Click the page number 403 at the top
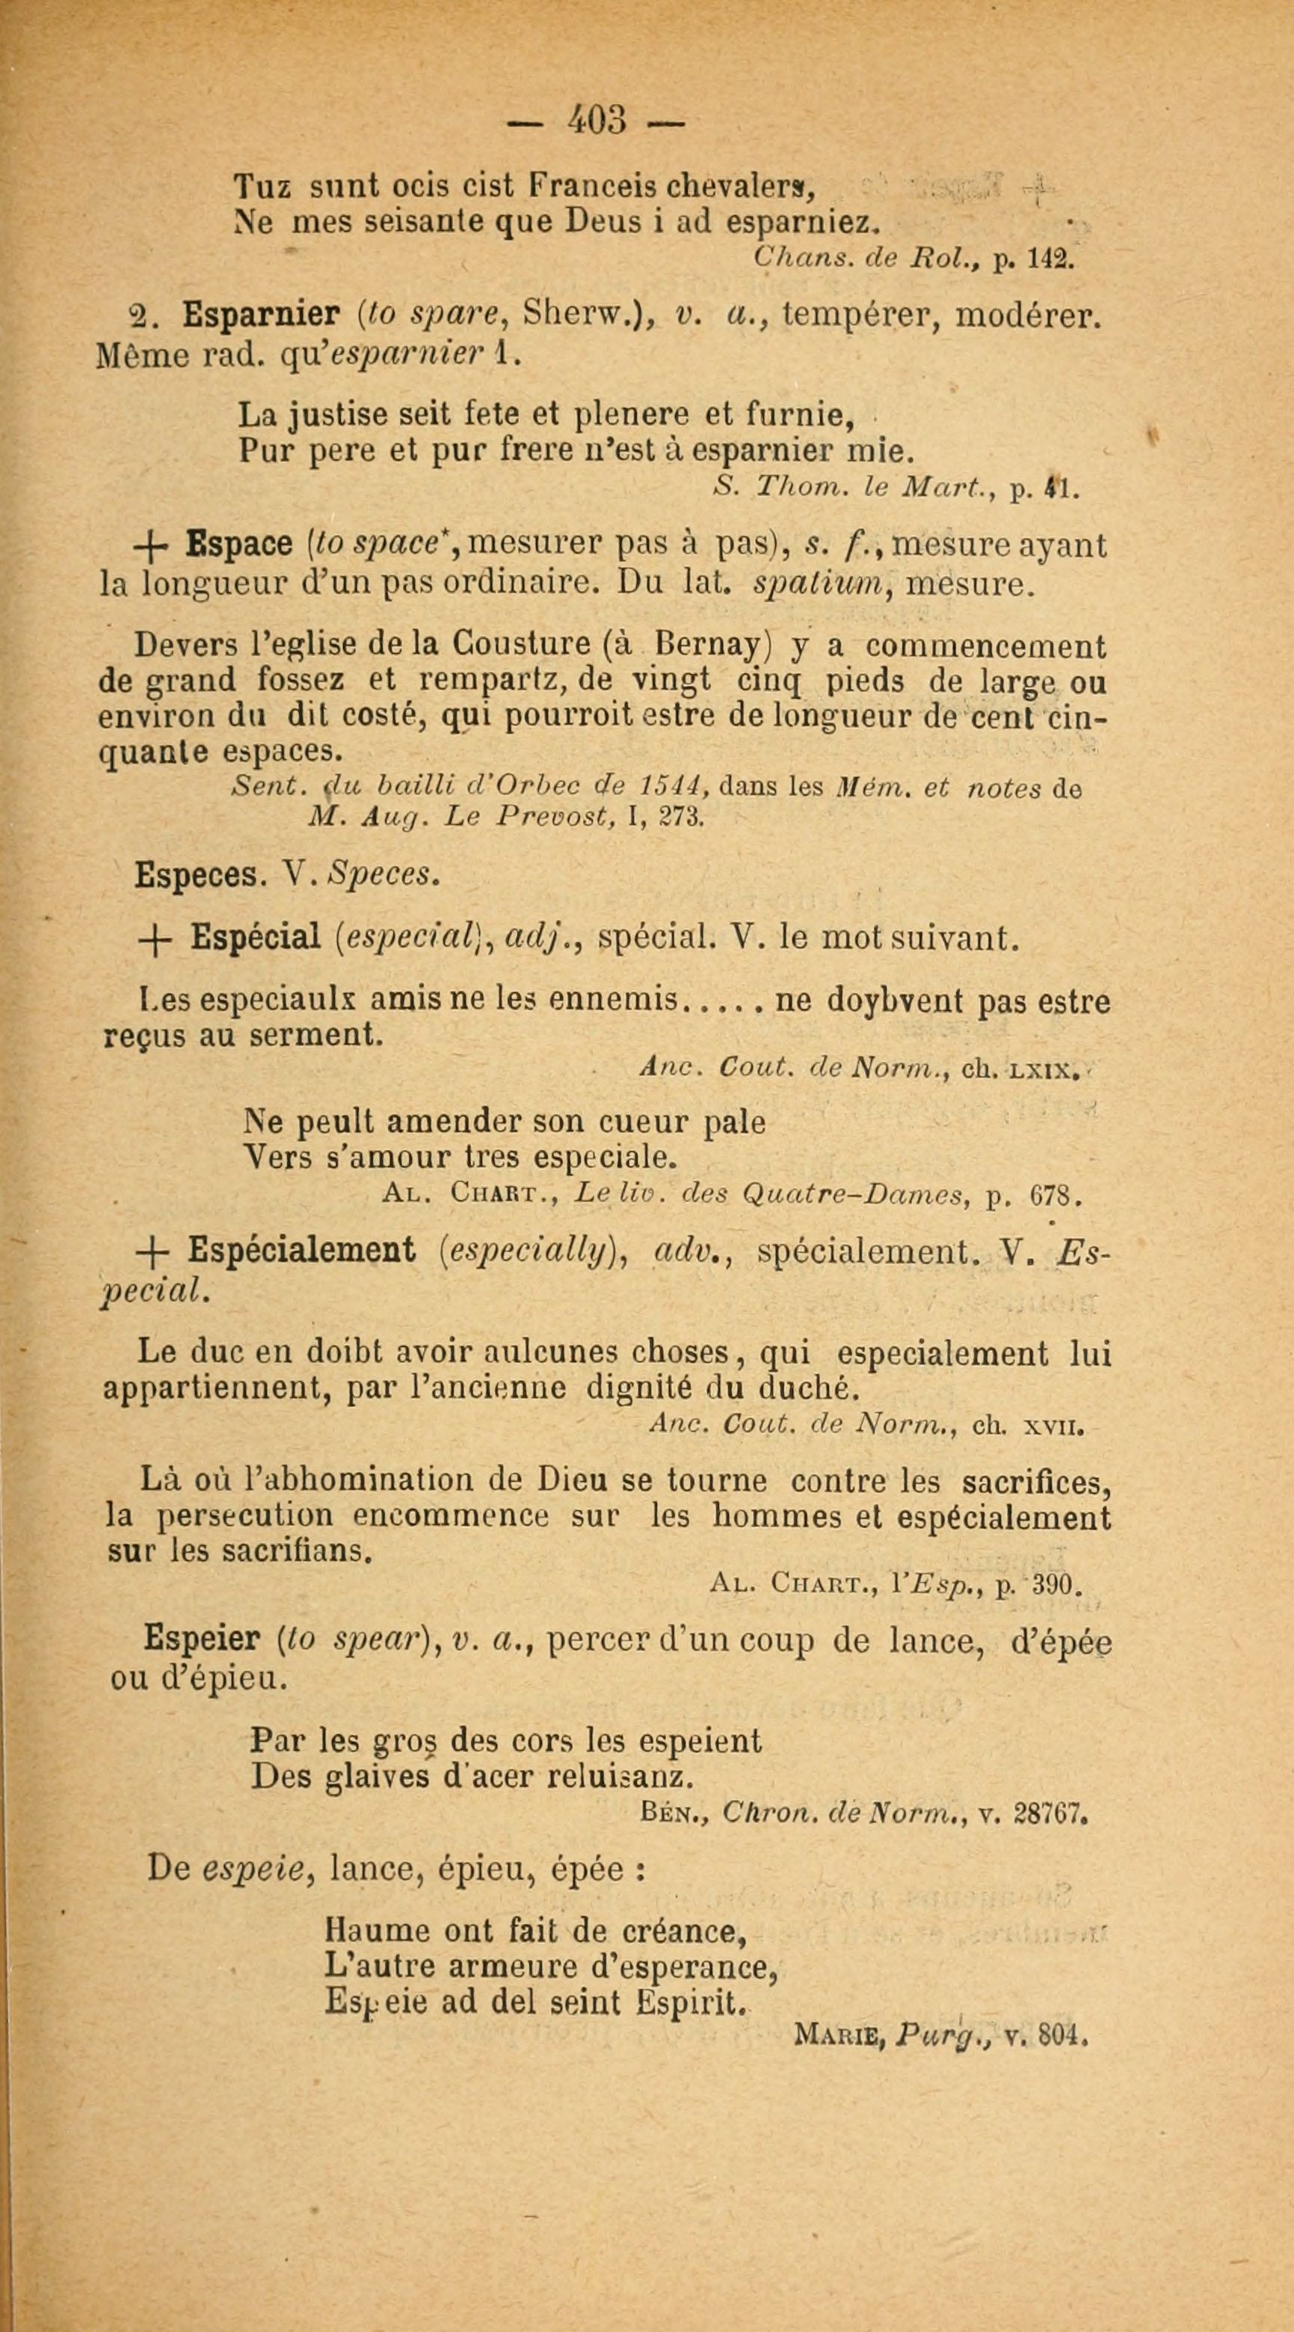(x=597, y=120)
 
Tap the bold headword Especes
(x=194, y=874)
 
